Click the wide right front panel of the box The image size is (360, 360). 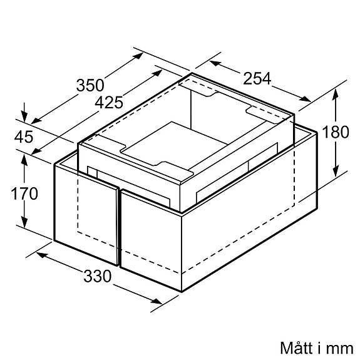click(x=150, y=238)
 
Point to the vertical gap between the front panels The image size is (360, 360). click(x=119, y=225)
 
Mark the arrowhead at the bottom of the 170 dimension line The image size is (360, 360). click(x=25, y=227)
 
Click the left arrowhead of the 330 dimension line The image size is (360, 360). click(x=39, y=254)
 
